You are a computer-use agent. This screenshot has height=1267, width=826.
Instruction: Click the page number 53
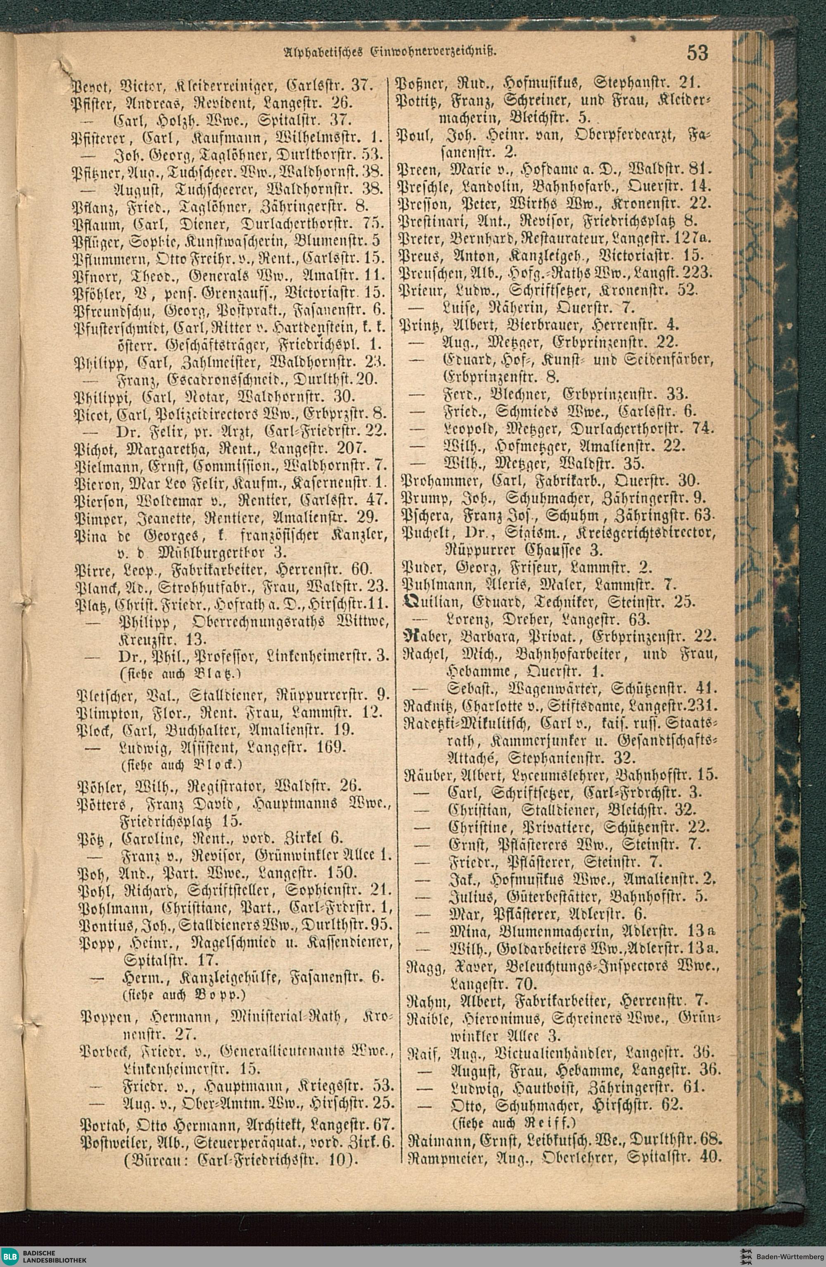click(x=697, y=53)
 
